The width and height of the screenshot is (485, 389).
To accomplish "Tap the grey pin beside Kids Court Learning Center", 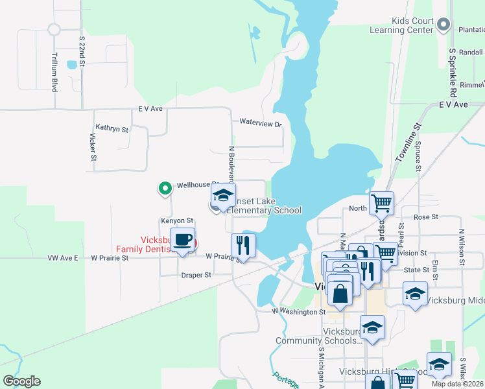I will (444, 25).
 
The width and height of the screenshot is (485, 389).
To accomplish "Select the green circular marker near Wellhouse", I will (165, 189).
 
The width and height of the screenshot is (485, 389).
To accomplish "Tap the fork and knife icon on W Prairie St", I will (243, 245).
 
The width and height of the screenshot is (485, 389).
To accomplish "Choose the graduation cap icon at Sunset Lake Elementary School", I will (222, 195).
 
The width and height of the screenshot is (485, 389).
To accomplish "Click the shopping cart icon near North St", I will (381, 202).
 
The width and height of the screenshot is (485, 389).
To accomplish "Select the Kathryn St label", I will (112, 128).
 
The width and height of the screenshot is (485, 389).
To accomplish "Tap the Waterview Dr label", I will (261, 123).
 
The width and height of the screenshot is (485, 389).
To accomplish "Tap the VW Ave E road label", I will (63, 257).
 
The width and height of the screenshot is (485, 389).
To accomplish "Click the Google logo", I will (21, 381).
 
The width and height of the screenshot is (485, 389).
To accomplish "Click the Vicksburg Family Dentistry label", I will (147, 244).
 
